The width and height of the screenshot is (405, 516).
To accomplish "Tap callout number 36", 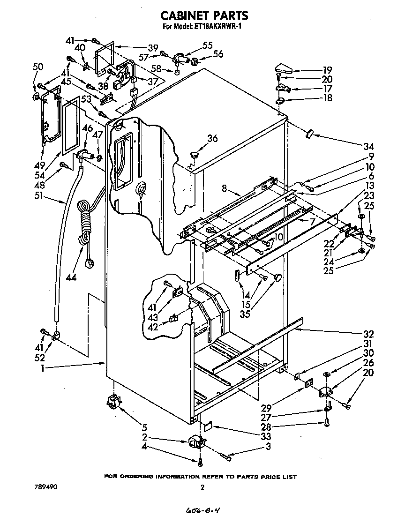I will tap(212, 138).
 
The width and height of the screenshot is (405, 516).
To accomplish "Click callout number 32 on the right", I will tap(368, 334).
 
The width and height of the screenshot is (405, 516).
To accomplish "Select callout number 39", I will tap(153, 47).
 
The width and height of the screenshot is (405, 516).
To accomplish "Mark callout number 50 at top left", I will tap(38, 67).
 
